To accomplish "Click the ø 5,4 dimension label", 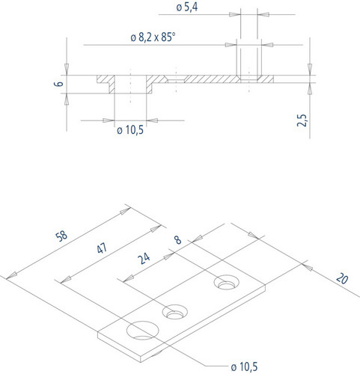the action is pyautogui.click(x=187, y=7).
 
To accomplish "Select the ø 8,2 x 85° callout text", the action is pyautogui.click(x=153, y=37).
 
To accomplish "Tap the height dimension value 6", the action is pyautogui.click(x=59, y=83).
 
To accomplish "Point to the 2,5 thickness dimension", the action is pyautogui.click(x=302, y=120).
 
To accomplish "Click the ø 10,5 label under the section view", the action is pyautogui.click(x=130, y=130).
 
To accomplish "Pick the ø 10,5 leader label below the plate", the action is pyautogui.click(x=244, y=367).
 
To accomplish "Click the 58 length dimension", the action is pyautogui.click(x=61, y=236).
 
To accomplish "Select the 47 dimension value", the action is pyautogui.click(x=102, y=248).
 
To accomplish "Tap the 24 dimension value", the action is pyautogui.click(x=144, y=258).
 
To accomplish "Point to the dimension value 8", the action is pyautogui.click(x=177, y=240).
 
